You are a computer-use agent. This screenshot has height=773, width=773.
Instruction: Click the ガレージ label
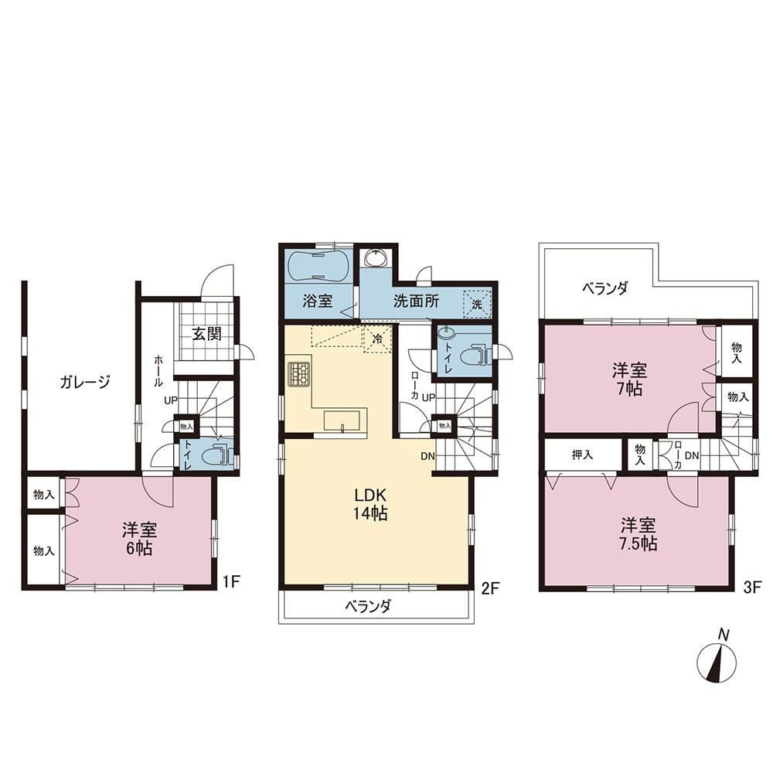(x=85, y=382)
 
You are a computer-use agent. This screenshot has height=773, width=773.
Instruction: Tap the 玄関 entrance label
(x=206, y=334)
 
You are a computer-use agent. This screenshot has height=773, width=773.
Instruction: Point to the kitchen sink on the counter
(x=341, y=421)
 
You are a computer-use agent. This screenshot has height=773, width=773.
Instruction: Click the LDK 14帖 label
(x=370, y=504)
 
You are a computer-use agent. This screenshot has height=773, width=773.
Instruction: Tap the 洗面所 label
(x=416, y=301)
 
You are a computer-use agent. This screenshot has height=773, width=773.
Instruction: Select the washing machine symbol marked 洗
(x=477, y=304)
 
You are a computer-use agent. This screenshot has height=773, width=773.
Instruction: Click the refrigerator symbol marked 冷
(x=378, y=339)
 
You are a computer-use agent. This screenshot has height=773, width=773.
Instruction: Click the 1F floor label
(x=230, y=582)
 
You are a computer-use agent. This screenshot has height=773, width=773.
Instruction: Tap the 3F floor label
(x=752, y=587)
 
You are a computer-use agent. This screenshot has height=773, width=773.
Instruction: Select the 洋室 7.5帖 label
(x=638, y=534)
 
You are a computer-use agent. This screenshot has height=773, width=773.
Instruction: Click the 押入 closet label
(x=582, y=455)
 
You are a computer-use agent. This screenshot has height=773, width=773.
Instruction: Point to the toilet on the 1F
(x=216, y=455)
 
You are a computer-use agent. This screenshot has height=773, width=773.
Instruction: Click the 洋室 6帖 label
(x=139, y=540)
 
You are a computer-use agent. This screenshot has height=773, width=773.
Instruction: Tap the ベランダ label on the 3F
(x=605, y=288)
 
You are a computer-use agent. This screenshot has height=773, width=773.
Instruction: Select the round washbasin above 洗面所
(x=376, y=258)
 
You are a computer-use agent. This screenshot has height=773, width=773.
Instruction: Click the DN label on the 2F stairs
(x=428, y=457)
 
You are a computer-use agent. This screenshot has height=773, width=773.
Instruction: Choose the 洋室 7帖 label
(x=629, y=380)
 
